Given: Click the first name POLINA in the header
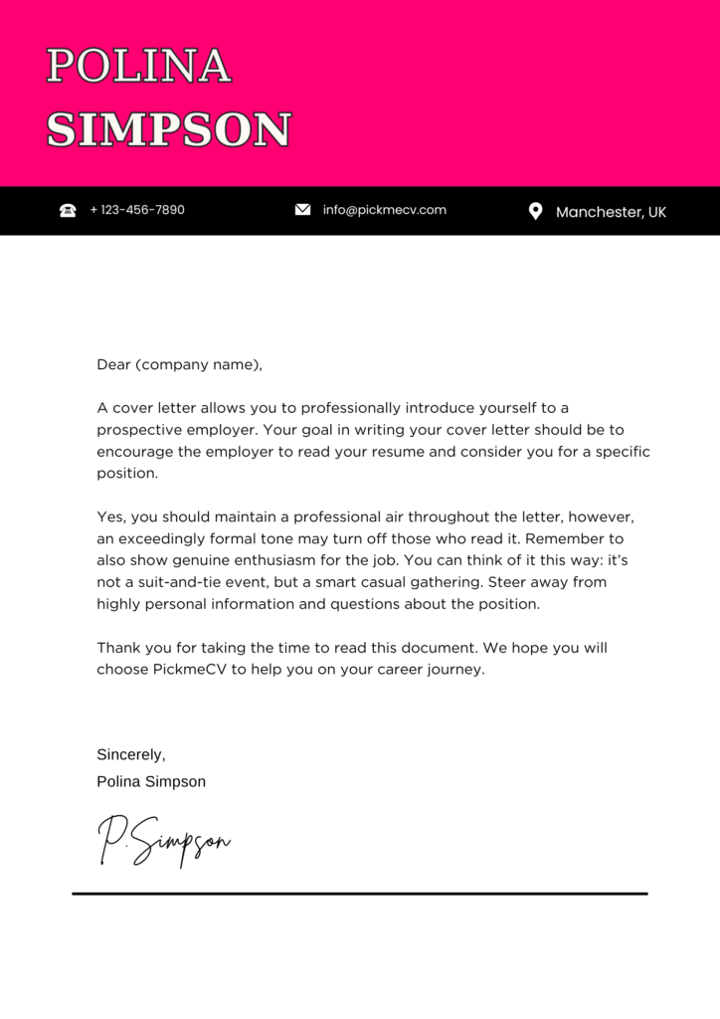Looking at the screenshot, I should (x=138, y=68).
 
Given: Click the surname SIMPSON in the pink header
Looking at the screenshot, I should (x=169, y=130).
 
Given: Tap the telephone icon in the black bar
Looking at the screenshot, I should (x=68, y=210).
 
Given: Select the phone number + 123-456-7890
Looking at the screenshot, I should (x=137, y=210).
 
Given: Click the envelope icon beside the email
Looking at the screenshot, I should (x=303, y=210).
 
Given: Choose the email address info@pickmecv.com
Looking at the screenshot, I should (x=385, y=210).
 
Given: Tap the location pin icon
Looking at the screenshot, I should (x=535, y=211).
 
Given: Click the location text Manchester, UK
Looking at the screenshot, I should (x=611, y=212).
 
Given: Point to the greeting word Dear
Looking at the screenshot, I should (x=113, y=364).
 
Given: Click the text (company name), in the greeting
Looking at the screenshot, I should (x=199, y=365).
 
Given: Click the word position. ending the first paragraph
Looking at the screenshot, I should (x=127, y=474).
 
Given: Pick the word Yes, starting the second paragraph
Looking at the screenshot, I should (x=110, y=517).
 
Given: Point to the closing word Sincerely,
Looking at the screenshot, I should (x=131, y=755).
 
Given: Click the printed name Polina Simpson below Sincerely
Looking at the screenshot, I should (x=151, y=782).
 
